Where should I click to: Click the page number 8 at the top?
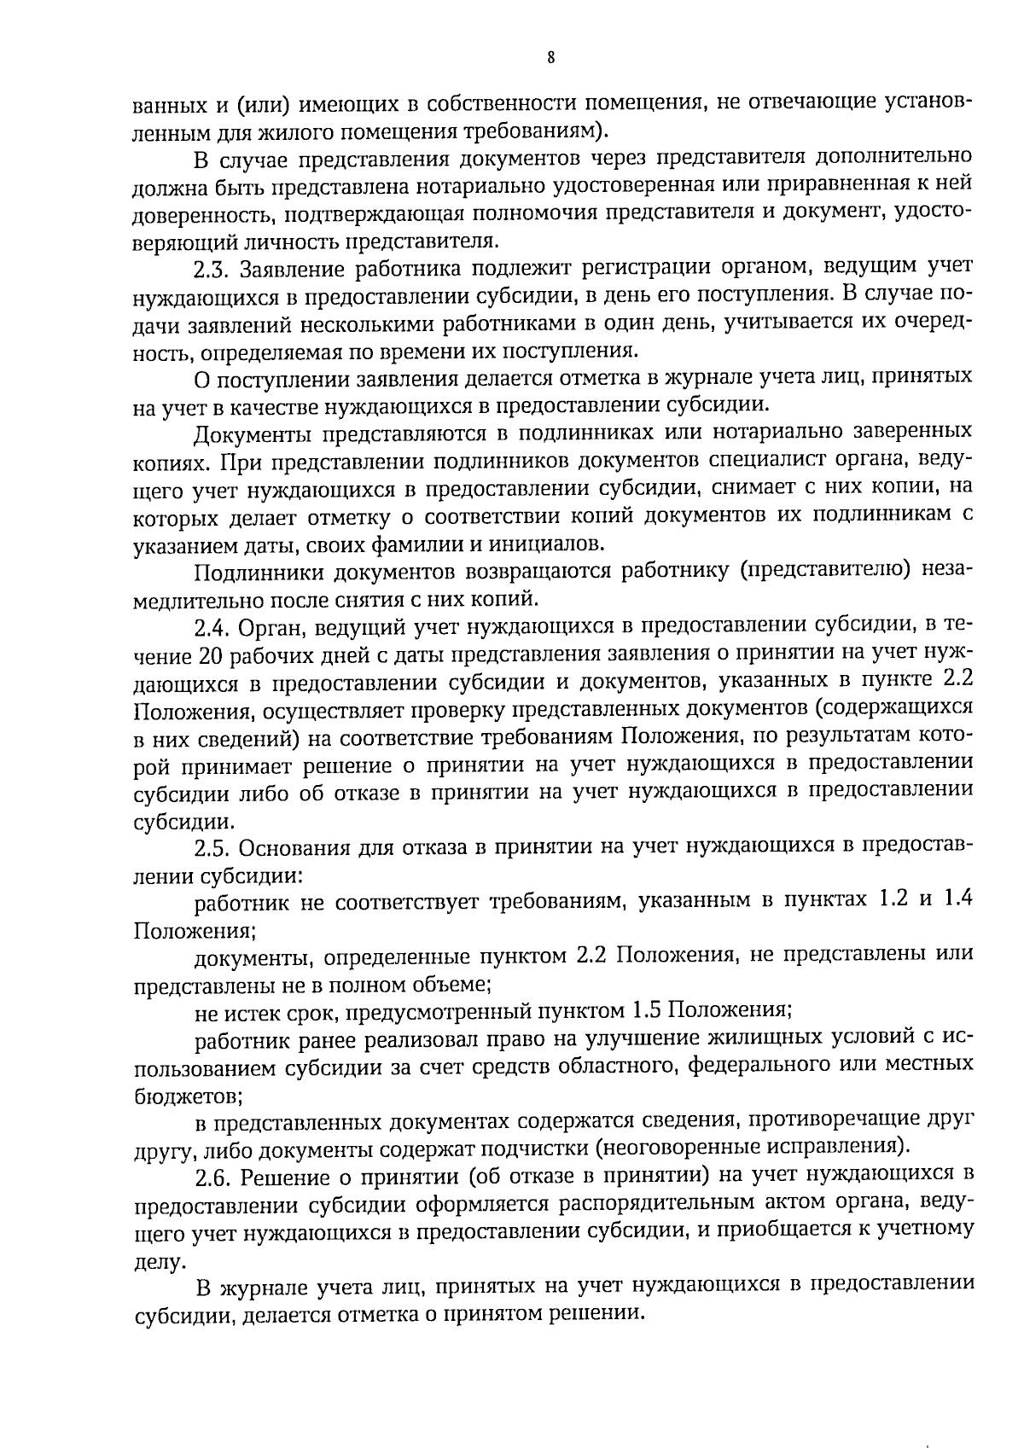pyautogui.click(x=550, y=58)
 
